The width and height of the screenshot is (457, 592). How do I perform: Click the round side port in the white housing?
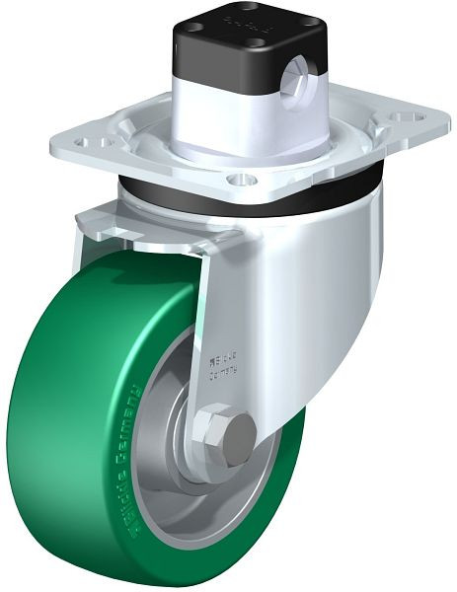292,94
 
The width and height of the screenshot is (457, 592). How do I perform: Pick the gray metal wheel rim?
173,493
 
